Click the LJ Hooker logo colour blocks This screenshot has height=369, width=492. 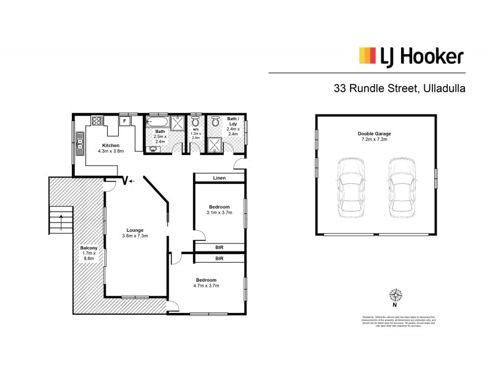(367, 57)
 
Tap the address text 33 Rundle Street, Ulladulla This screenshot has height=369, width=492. (399, 88)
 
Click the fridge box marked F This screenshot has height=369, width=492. (125, 121)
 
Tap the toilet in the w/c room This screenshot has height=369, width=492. (196, 122)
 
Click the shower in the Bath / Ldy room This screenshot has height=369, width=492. (215, 145)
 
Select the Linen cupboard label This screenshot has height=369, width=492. (219, 178)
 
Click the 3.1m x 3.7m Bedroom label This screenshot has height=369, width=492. (219, 210)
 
